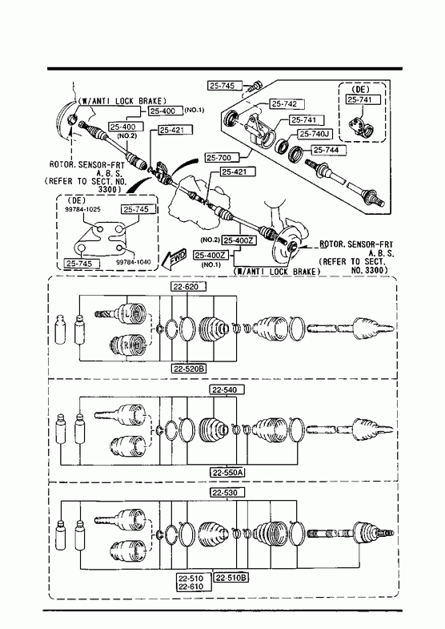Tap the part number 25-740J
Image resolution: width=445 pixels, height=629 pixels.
point(315,134)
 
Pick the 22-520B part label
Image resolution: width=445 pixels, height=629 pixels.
point(190,368)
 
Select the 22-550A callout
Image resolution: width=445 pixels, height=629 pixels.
point(227,472)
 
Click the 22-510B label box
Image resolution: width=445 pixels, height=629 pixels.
point(231,578)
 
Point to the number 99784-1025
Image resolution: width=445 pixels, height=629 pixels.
point(83,209)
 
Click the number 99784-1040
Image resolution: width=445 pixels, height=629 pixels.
point(134,262)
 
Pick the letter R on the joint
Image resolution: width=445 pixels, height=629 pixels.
point(125,345)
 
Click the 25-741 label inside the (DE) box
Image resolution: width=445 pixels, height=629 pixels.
point(363,99)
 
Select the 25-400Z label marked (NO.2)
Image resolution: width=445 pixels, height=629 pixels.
point(239,240)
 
